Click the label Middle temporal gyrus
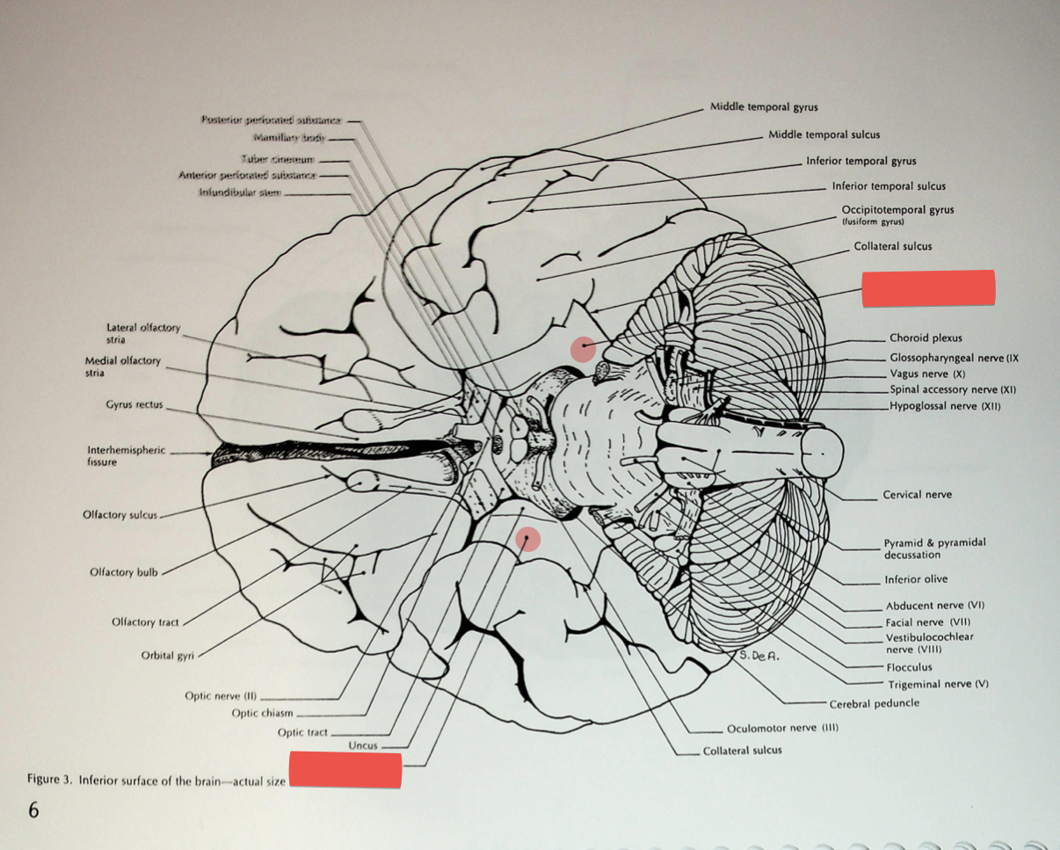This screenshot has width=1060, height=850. click(x=763, y=107)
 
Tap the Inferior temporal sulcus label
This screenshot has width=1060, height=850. click(x=889, y=186)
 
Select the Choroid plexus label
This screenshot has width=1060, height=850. click(x=925, y=338)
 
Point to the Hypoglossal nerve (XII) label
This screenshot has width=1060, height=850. click(x=944, y=406)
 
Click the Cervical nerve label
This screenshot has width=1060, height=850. click(x=917, y=495)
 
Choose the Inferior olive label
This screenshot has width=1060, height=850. click(x=915, y=579)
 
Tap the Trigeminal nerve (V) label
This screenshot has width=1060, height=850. click(x=938, y=684)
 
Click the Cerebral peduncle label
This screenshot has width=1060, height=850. click(x=874, y=703)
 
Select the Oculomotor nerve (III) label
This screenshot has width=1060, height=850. click(x=782, y=729)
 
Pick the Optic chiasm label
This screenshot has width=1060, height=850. click(x=262, y=714)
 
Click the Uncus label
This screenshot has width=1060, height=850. click(x=362, y=745)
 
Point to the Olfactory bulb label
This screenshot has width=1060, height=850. click(x=124, y=572)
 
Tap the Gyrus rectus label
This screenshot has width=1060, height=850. click(x=134, y=405)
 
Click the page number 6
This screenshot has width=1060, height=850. click(x=33, y=810)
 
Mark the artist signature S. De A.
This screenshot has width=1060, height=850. click(x=760, y=654)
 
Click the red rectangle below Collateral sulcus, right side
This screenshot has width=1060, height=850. click(x=928, y=288)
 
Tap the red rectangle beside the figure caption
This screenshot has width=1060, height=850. click(x=345, y=770)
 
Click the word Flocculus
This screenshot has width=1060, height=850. click(x=909, y=667)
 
